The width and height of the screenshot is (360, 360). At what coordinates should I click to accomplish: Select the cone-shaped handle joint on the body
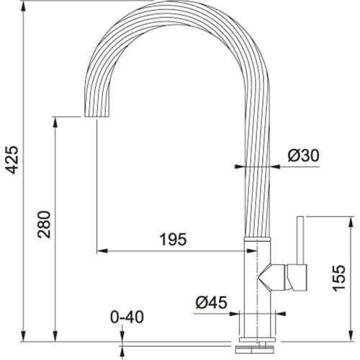click(x=272, y=275)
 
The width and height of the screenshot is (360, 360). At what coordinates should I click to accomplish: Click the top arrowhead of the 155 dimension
click(x=331, y=218)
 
